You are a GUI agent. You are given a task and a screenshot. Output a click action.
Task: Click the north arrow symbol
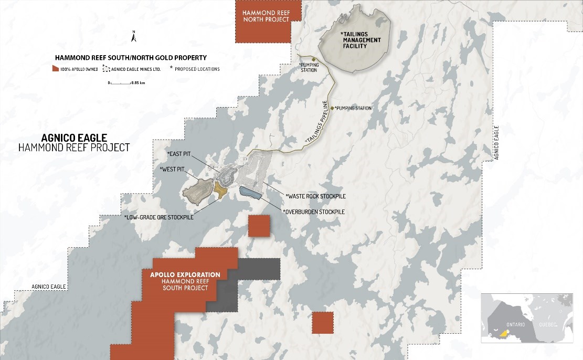click(x=134, y=37)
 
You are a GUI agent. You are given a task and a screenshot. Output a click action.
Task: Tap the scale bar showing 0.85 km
click(x=126, y=83)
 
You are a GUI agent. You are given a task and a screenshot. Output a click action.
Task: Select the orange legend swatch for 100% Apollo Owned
click(x=55, y=69)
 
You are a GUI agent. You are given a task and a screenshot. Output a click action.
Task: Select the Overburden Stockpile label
click(x=314, y=211)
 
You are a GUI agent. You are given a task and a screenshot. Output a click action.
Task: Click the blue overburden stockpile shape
click(x=250, y=193)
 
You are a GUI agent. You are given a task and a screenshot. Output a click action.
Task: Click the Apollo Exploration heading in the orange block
click(x=185, y=274)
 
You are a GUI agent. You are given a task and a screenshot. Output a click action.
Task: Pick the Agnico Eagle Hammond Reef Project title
click(x=73, y=142)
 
